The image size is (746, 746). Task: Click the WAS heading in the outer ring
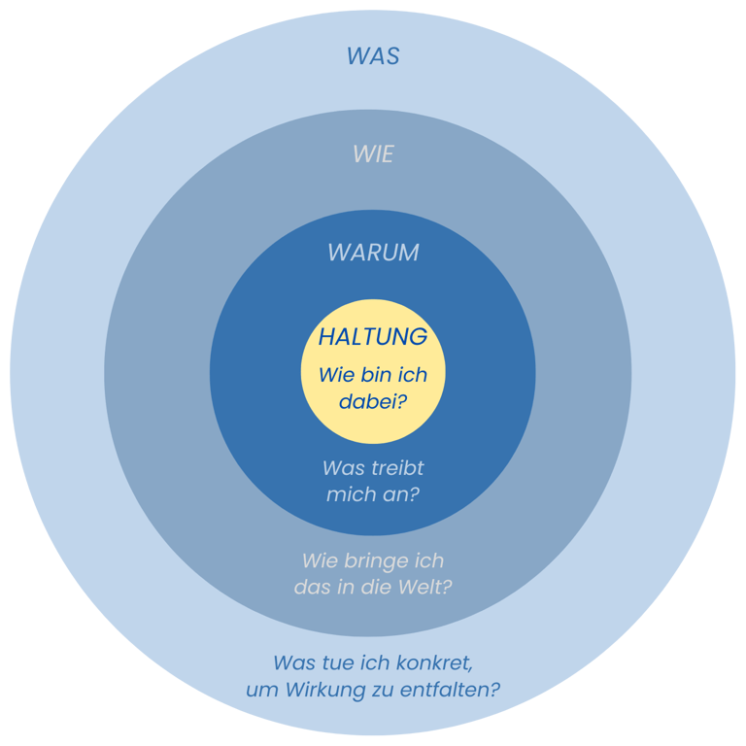coord(373,56)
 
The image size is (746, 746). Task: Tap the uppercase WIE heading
coord(373,154)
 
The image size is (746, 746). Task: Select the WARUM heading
coord(373,253)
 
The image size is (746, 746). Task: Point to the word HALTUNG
coord(373,337)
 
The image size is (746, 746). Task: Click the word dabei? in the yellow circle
coord(373,400)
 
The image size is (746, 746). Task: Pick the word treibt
coord(396,468)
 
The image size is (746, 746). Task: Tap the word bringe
coord(380,561)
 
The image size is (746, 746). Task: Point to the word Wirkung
coord(322,691)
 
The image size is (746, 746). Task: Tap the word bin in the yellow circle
coord(372,375)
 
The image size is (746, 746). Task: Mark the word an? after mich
coord(402,494)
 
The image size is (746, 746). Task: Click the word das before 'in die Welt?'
coord(312,588)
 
